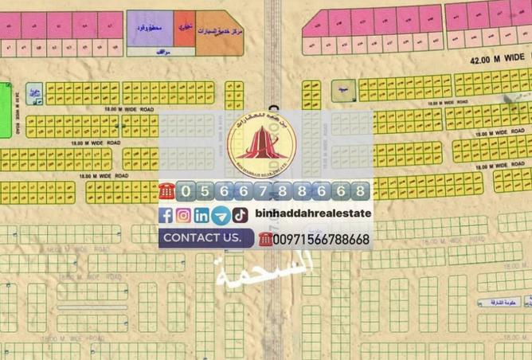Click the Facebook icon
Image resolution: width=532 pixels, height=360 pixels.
tap(166, 215)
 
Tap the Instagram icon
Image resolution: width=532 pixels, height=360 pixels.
tap(184, 215)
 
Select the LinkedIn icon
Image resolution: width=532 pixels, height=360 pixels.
tap(202, 215)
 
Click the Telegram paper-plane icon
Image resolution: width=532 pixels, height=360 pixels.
tap(221, 215)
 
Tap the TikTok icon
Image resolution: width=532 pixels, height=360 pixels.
tap(240, 215)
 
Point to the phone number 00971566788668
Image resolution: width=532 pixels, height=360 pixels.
tap(320, 239)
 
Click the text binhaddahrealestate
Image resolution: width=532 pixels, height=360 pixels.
tap(313, 213)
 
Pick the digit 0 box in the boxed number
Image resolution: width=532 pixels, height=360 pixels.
tap(187, 191)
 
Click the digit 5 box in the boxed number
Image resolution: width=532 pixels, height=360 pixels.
tap(205, 191)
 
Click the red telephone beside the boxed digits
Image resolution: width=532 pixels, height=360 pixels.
tap(166, 191)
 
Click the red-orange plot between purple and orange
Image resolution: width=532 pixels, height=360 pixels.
tap(184, 29)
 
